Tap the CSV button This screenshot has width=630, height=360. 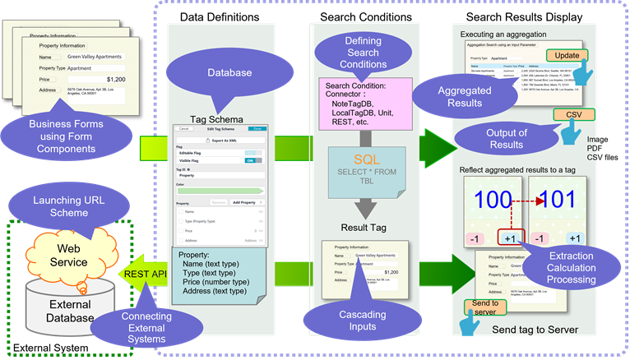coord(574,115)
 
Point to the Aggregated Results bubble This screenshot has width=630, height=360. coord(452,95)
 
